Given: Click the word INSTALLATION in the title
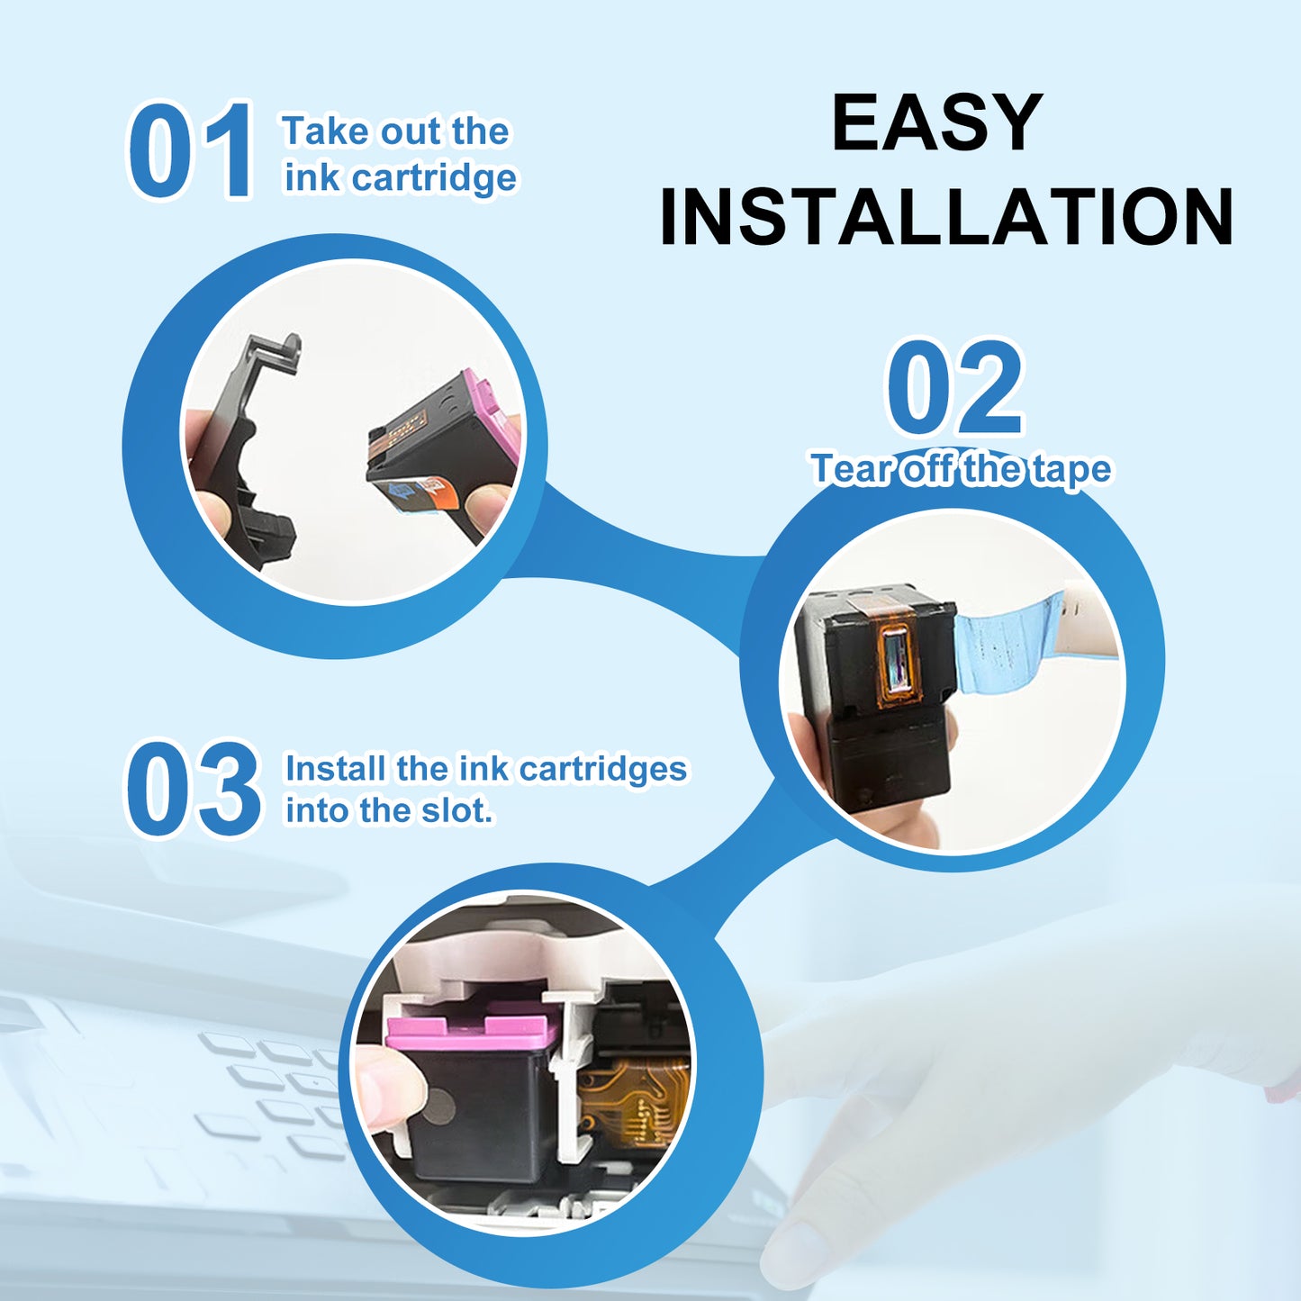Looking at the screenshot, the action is [946, 217].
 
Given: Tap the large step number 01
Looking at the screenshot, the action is [190, 149].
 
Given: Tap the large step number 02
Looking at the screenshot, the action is [954, 387].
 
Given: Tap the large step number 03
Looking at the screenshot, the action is [193, 789].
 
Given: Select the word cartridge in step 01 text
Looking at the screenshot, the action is [433, 178].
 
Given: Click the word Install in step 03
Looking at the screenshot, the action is [337, 768].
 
